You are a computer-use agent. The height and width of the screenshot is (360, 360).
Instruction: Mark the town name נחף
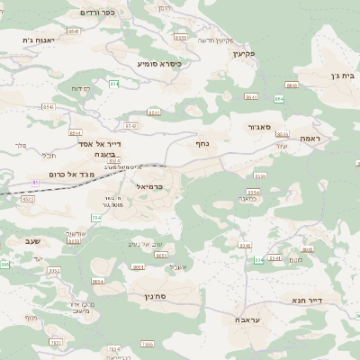[202, 143]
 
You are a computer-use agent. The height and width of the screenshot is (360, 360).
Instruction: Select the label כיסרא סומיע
[159, 64]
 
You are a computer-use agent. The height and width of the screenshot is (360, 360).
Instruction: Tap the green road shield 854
[114, 84]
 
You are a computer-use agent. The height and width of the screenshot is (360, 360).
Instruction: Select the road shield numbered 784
[96, 218]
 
